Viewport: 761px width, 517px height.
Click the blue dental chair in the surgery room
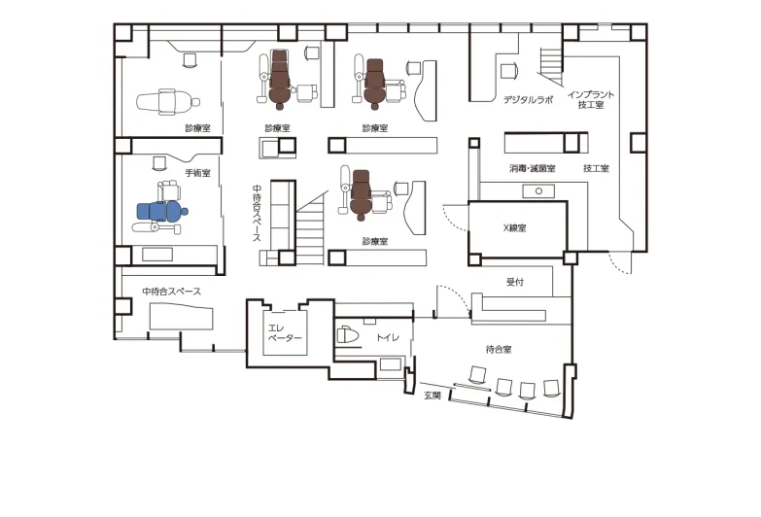pos(162,211)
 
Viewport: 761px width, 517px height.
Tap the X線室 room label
pos(514,227)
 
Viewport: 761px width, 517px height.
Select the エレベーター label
pos(285,333)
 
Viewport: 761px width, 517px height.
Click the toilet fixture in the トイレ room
pos(348,335)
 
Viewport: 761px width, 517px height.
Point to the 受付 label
pos(515,282)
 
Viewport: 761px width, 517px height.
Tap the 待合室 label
pos(499,349)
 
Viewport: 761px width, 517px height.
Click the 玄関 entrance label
pos(432,396)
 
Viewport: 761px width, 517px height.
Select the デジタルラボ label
pos(528,100)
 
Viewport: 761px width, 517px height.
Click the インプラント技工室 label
pos(591,99)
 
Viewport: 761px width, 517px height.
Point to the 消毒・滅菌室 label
pos(533,168)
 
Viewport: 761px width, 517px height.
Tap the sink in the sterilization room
pos(538,191)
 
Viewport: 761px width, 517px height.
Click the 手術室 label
pos(198,173)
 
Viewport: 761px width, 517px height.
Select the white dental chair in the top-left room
pos(168,102)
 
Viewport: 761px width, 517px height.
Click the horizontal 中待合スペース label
pos(171,292)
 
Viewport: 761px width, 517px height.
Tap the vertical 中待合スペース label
pos(257,213)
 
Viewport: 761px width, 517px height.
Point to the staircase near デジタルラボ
pos(551,65)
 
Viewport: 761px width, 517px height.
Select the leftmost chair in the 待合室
pos(477,375)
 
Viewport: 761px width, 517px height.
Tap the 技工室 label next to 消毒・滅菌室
pos(596,168)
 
